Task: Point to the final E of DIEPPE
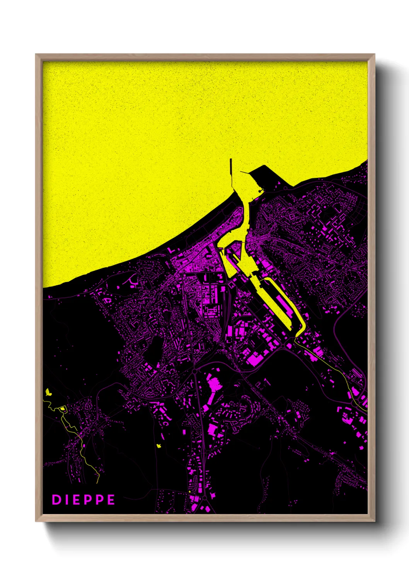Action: tap(111, 500)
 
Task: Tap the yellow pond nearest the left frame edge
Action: tap(48, 392)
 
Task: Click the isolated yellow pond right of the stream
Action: tap(158, 446)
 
